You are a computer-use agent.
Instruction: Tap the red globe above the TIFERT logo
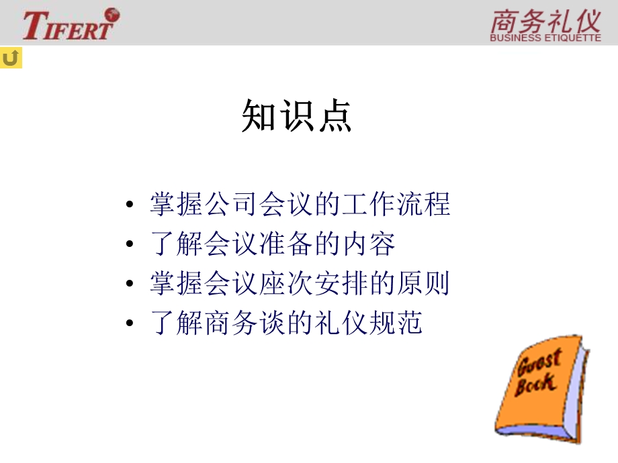point(111,13)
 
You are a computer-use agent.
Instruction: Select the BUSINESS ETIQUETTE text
point(545,38)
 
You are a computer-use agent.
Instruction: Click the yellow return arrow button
point(11,58)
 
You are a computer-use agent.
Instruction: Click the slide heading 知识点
point(296,117)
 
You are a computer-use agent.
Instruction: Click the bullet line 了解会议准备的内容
point(272,245)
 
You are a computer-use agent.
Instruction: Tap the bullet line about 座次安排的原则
point(300,285)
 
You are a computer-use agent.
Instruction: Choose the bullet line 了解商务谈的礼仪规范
point(286,324)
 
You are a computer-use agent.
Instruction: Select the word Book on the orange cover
point(535,384)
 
